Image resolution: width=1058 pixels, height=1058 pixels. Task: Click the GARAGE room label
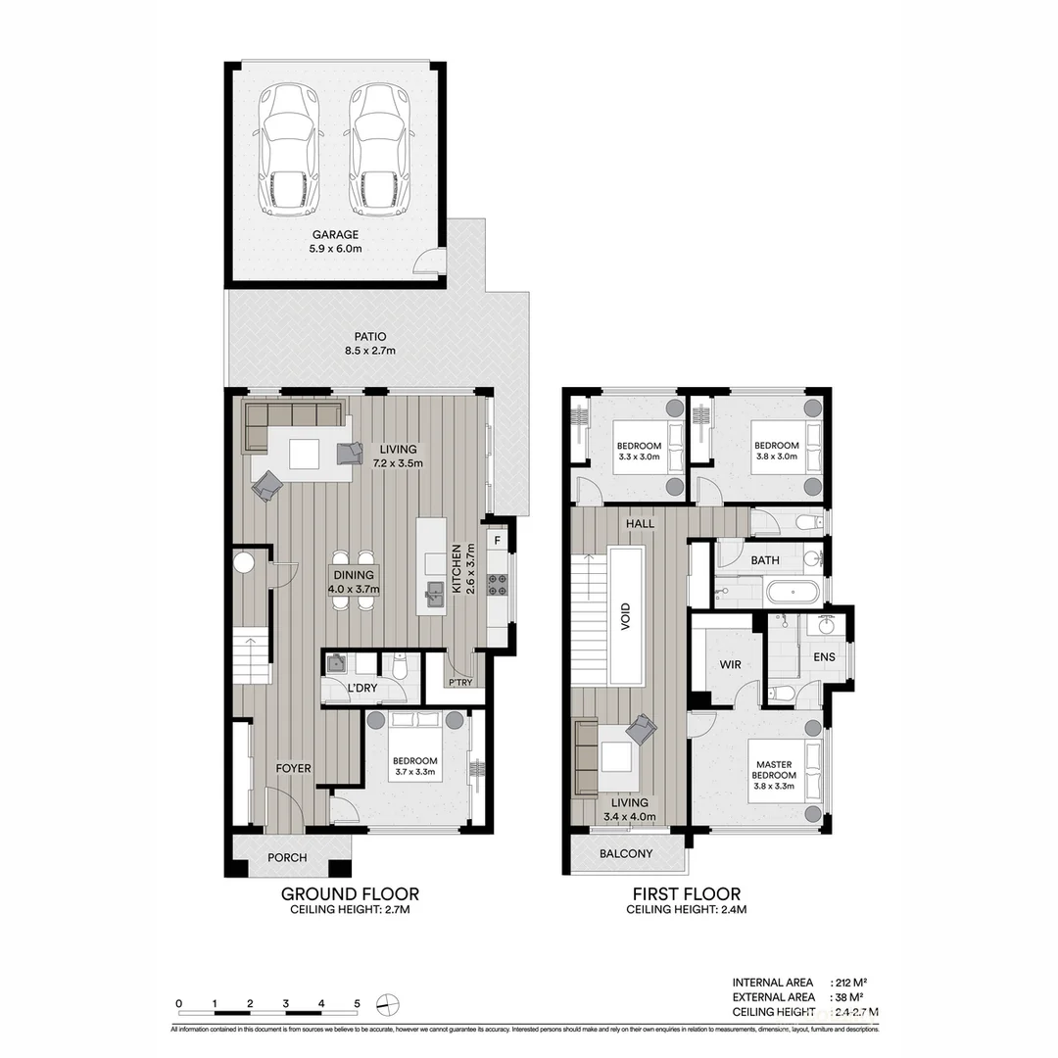pos(336,235)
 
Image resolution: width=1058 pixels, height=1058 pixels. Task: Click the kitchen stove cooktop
pos(498,585)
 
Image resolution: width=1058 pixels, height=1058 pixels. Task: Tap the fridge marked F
pos(498,540)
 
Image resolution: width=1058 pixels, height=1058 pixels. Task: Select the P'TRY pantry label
pos(459,683)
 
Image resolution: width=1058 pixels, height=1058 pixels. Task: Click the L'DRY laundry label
pos(362,689)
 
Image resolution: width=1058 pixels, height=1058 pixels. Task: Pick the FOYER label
pos(293,769)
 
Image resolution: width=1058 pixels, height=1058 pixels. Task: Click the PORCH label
pos(287,858)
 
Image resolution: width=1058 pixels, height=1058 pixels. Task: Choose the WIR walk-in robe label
pos(730,665)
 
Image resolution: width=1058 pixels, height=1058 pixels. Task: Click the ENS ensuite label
pos(825,656)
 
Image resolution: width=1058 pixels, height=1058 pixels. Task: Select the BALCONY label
pos(626,854)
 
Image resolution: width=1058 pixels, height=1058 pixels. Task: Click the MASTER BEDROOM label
pos(775,770)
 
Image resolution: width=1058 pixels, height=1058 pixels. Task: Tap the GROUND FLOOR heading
pos(350,893)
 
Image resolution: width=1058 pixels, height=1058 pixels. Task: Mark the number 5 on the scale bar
pos(358,1003)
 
